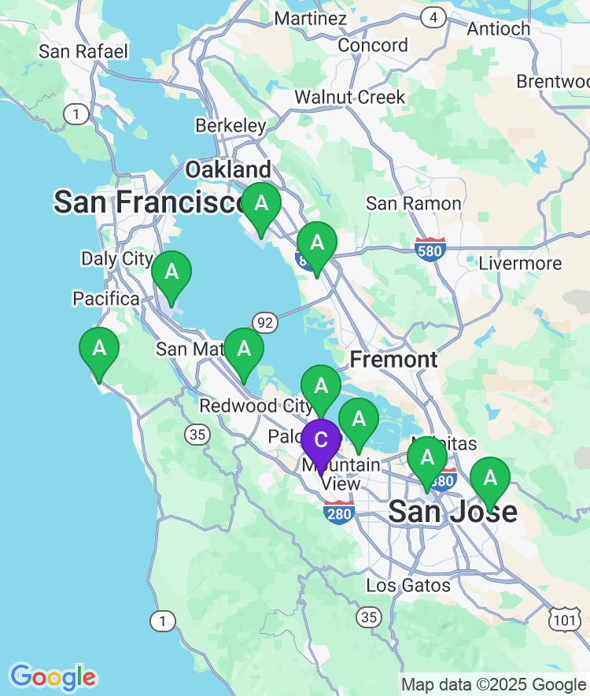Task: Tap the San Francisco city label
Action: pyautogui.click(x=149, y=202)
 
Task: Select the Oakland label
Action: pyautogui.click(x=227, y=169)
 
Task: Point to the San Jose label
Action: pyautogui.click(x=453, y=512)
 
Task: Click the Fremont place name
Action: pyautogui.click(x=393, y=360)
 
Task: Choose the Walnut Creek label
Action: pyautogui.click(x=350, y=98)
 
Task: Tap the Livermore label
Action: pyautogui.click(x=520, y=264)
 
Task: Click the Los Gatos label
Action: pyautogui.click(x=408, y=585)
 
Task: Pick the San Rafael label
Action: pyautogui.click(x=83, y=52)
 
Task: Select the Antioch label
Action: pyautogui.click(x=499, y=28)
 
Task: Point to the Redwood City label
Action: pyautogui.click(x=249, y=405)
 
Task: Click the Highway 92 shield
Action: pyautogui.click(x=265, y=321)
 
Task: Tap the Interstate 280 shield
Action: pyautogui.click(x=338, y=512)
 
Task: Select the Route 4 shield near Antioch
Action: pyautogui.click(x=432, y=17)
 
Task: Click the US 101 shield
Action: pyautogui.click(x=564, y=620)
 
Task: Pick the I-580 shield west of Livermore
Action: pyautogui.click(x=430, y=248)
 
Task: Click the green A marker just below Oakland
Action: pyautogui.click(x=260, y=204)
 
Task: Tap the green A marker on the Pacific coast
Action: pyautogui.click(x=99, y=348)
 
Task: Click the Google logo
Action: pyautogui.click(x=53, y=677)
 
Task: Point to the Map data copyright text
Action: pyautogui.click(x=493, y=684)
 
